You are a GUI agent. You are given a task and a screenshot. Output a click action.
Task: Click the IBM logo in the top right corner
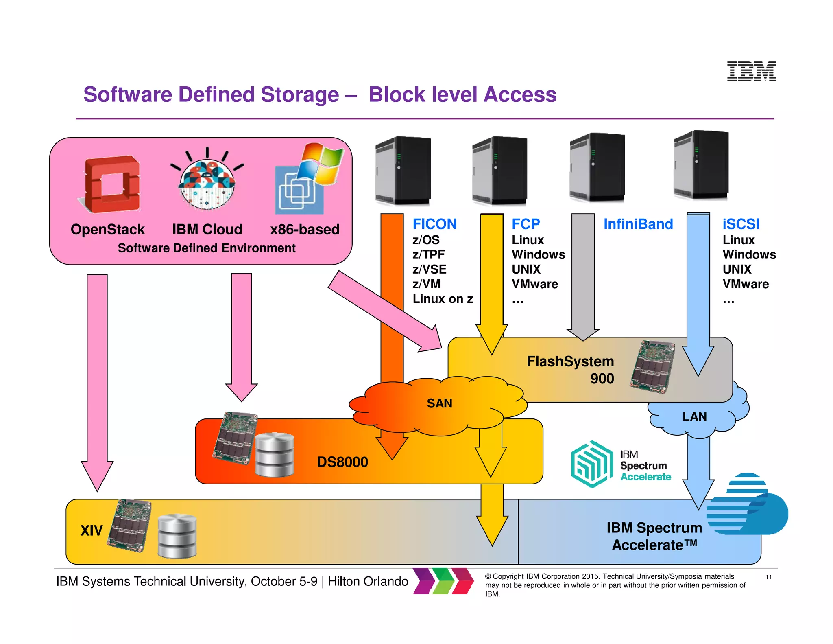point(751,71)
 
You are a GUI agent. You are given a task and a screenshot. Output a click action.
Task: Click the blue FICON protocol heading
point(434,224)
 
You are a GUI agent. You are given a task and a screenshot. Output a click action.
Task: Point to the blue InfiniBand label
point(638,224)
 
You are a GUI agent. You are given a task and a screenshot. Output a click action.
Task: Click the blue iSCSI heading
point(741,224)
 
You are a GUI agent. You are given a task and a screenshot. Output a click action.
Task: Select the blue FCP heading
point(526,224)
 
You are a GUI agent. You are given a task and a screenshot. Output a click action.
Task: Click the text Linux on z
point(443,299)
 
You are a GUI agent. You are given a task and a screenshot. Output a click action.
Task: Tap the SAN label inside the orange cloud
point(439,403)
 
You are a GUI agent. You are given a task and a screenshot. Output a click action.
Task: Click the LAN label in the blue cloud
point(694,416)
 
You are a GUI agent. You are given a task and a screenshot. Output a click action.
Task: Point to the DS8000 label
point(342,462)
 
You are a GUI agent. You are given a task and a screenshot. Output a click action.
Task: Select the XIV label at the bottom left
point(92,530)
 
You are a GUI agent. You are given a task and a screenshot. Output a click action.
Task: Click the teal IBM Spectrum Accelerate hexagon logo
point(592,464)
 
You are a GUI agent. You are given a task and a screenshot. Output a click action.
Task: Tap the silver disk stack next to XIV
point(177,535)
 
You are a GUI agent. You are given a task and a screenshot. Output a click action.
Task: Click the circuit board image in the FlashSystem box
point(652,366)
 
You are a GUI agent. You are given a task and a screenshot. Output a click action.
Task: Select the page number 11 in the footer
point(768,577)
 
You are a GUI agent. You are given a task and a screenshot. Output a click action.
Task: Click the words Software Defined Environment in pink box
point(207,248)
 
